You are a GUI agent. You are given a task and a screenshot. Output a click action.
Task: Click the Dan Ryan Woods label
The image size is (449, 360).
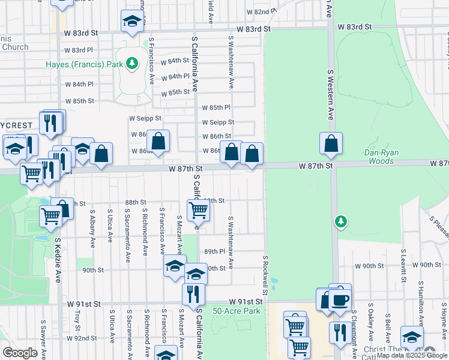(x=379, y=157)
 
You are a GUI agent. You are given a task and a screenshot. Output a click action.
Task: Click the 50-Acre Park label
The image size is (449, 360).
(x=237, y=311)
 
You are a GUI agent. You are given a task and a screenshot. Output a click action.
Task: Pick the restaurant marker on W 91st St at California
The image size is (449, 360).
(x=193, y=294)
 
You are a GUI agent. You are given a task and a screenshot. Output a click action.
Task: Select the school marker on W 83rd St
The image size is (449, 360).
(x=131, y=22)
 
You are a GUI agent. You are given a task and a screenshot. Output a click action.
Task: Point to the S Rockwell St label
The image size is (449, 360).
(x=265, y=274)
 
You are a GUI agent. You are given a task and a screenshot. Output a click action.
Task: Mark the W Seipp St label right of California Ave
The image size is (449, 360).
(x=218, y=122)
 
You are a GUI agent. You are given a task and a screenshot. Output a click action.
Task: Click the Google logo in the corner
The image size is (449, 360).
(x=20, y=353)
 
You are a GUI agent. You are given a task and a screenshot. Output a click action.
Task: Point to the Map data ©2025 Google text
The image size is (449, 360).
(x=412, y=356)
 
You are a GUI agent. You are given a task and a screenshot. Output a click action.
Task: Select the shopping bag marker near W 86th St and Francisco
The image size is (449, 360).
(x=158, y=142)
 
